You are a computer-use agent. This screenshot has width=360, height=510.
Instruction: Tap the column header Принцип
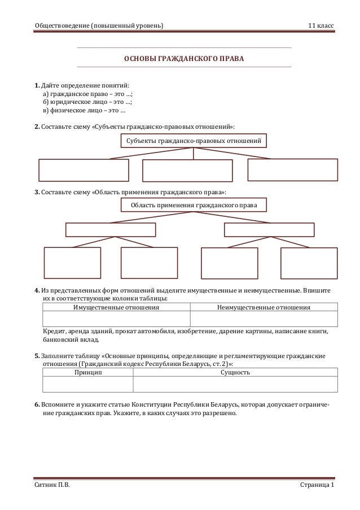88,373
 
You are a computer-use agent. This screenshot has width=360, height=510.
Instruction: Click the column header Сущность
235,373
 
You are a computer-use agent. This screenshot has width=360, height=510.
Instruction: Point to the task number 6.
37,404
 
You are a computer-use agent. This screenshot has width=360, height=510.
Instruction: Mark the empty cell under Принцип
88,385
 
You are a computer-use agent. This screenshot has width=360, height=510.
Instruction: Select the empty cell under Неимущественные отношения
264,320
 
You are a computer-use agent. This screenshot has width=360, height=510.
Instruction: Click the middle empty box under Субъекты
187,171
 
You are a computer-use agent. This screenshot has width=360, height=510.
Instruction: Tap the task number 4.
37,290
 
